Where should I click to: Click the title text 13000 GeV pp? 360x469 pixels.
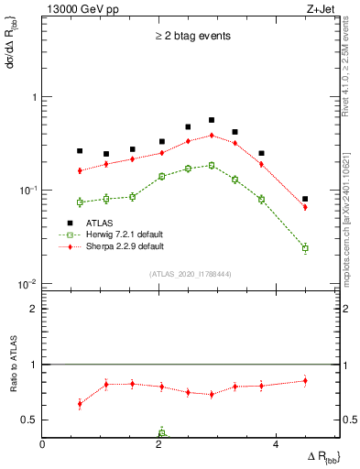(x=76, y=10)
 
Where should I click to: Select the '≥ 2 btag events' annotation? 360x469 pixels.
(x=192, y=37)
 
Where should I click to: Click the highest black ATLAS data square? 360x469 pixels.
(x=212, y=120)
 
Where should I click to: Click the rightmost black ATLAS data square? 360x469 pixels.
(x=305, y=199)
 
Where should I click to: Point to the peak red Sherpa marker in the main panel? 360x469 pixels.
(x=212, y=135)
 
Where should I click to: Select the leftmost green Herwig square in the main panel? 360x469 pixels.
(x=80, y=202)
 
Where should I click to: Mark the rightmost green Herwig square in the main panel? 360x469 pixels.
(x=305, y=248)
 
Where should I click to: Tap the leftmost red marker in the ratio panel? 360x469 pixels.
(x=80, y=403)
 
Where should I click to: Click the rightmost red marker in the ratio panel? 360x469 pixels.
(x=305, y=380)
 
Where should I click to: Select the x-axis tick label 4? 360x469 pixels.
(x=276, y=443)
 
